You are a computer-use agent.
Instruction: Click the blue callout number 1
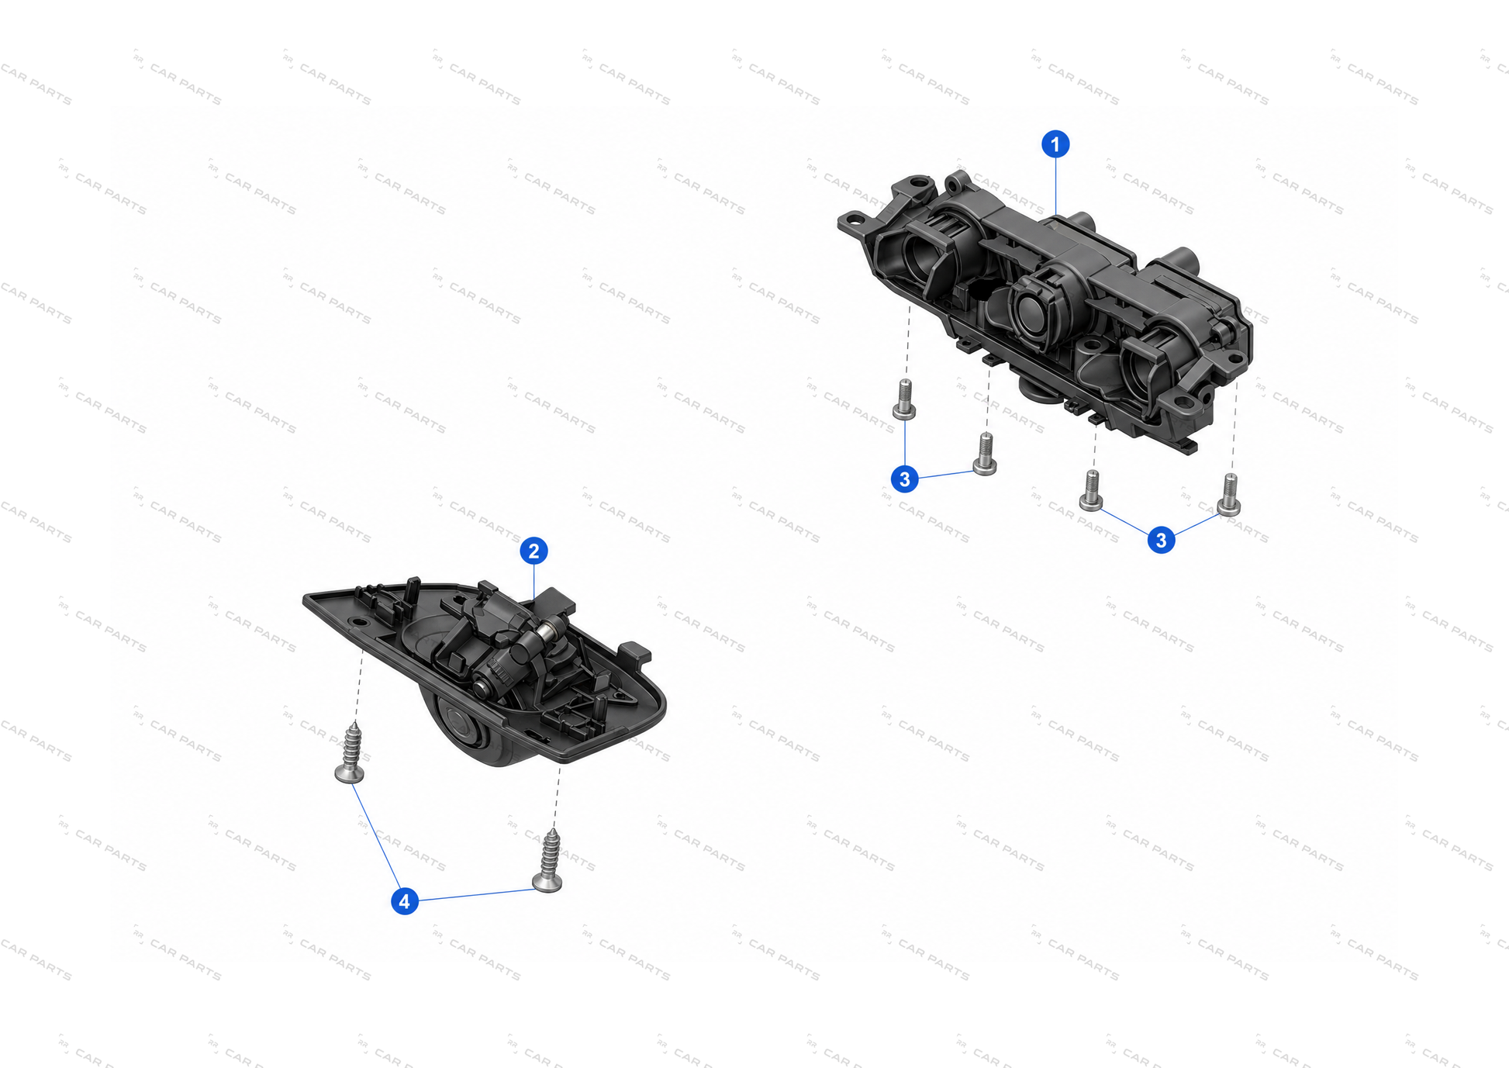pos(1055,144)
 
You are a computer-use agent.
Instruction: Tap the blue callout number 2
pos(534,551)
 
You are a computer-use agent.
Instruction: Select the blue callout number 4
pos(404,901)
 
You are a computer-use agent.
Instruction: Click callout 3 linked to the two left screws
pos(904,479)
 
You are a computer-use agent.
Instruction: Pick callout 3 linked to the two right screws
pos(1161,541)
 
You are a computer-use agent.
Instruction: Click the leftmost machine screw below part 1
pos(904,399)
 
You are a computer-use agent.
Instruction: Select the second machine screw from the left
pos(985,454)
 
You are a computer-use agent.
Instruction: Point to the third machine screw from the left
pos(1091,490)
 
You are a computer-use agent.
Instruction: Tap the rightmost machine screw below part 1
pos(1229,495)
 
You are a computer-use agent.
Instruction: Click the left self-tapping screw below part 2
pos(350,752)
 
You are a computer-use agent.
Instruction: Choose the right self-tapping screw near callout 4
pos(548,861)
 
